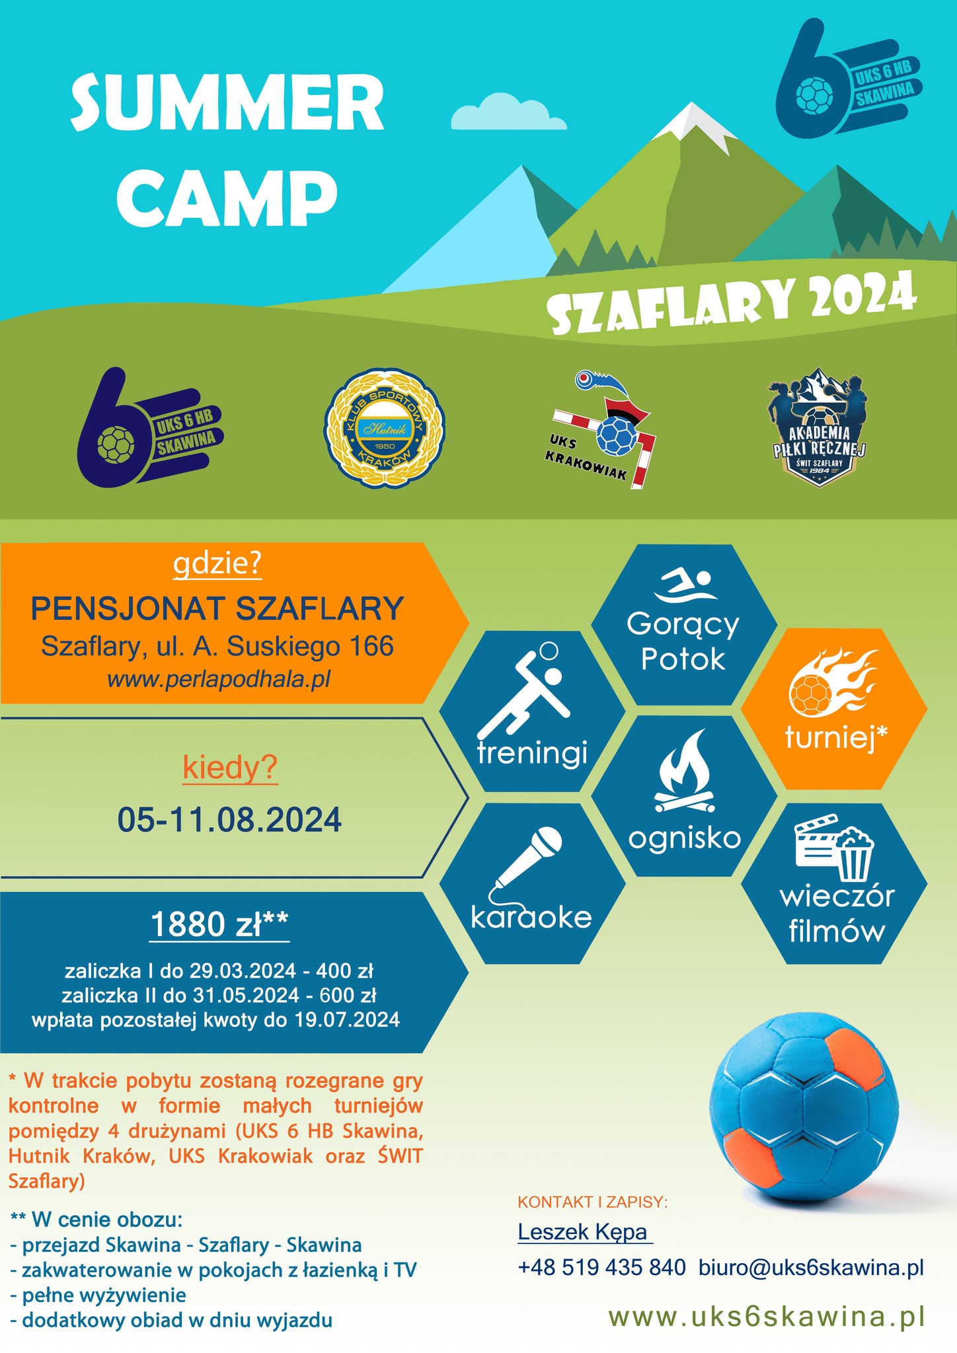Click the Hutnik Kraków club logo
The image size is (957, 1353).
tap(385, 428)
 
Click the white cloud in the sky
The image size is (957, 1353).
tap(508, 112)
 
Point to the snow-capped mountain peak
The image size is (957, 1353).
tap(694, 122)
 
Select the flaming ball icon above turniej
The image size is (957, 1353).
tap(834, 683)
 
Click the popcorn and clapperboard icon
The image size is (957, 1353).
tap(835, 849)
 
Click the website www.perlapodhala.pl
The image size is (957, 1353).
tap(219, 678)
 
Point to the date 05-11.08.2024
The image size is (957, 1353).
tap(229, 820)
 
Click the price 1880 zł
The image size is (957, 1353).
tap(219, 924)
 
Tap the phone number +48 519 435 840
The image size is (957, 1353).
tap(602, 1267)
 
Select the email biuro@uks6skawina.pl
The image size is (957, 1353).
tap(811, 1267)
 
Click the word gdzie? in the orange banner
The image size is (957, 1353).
tap(217, 564)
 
